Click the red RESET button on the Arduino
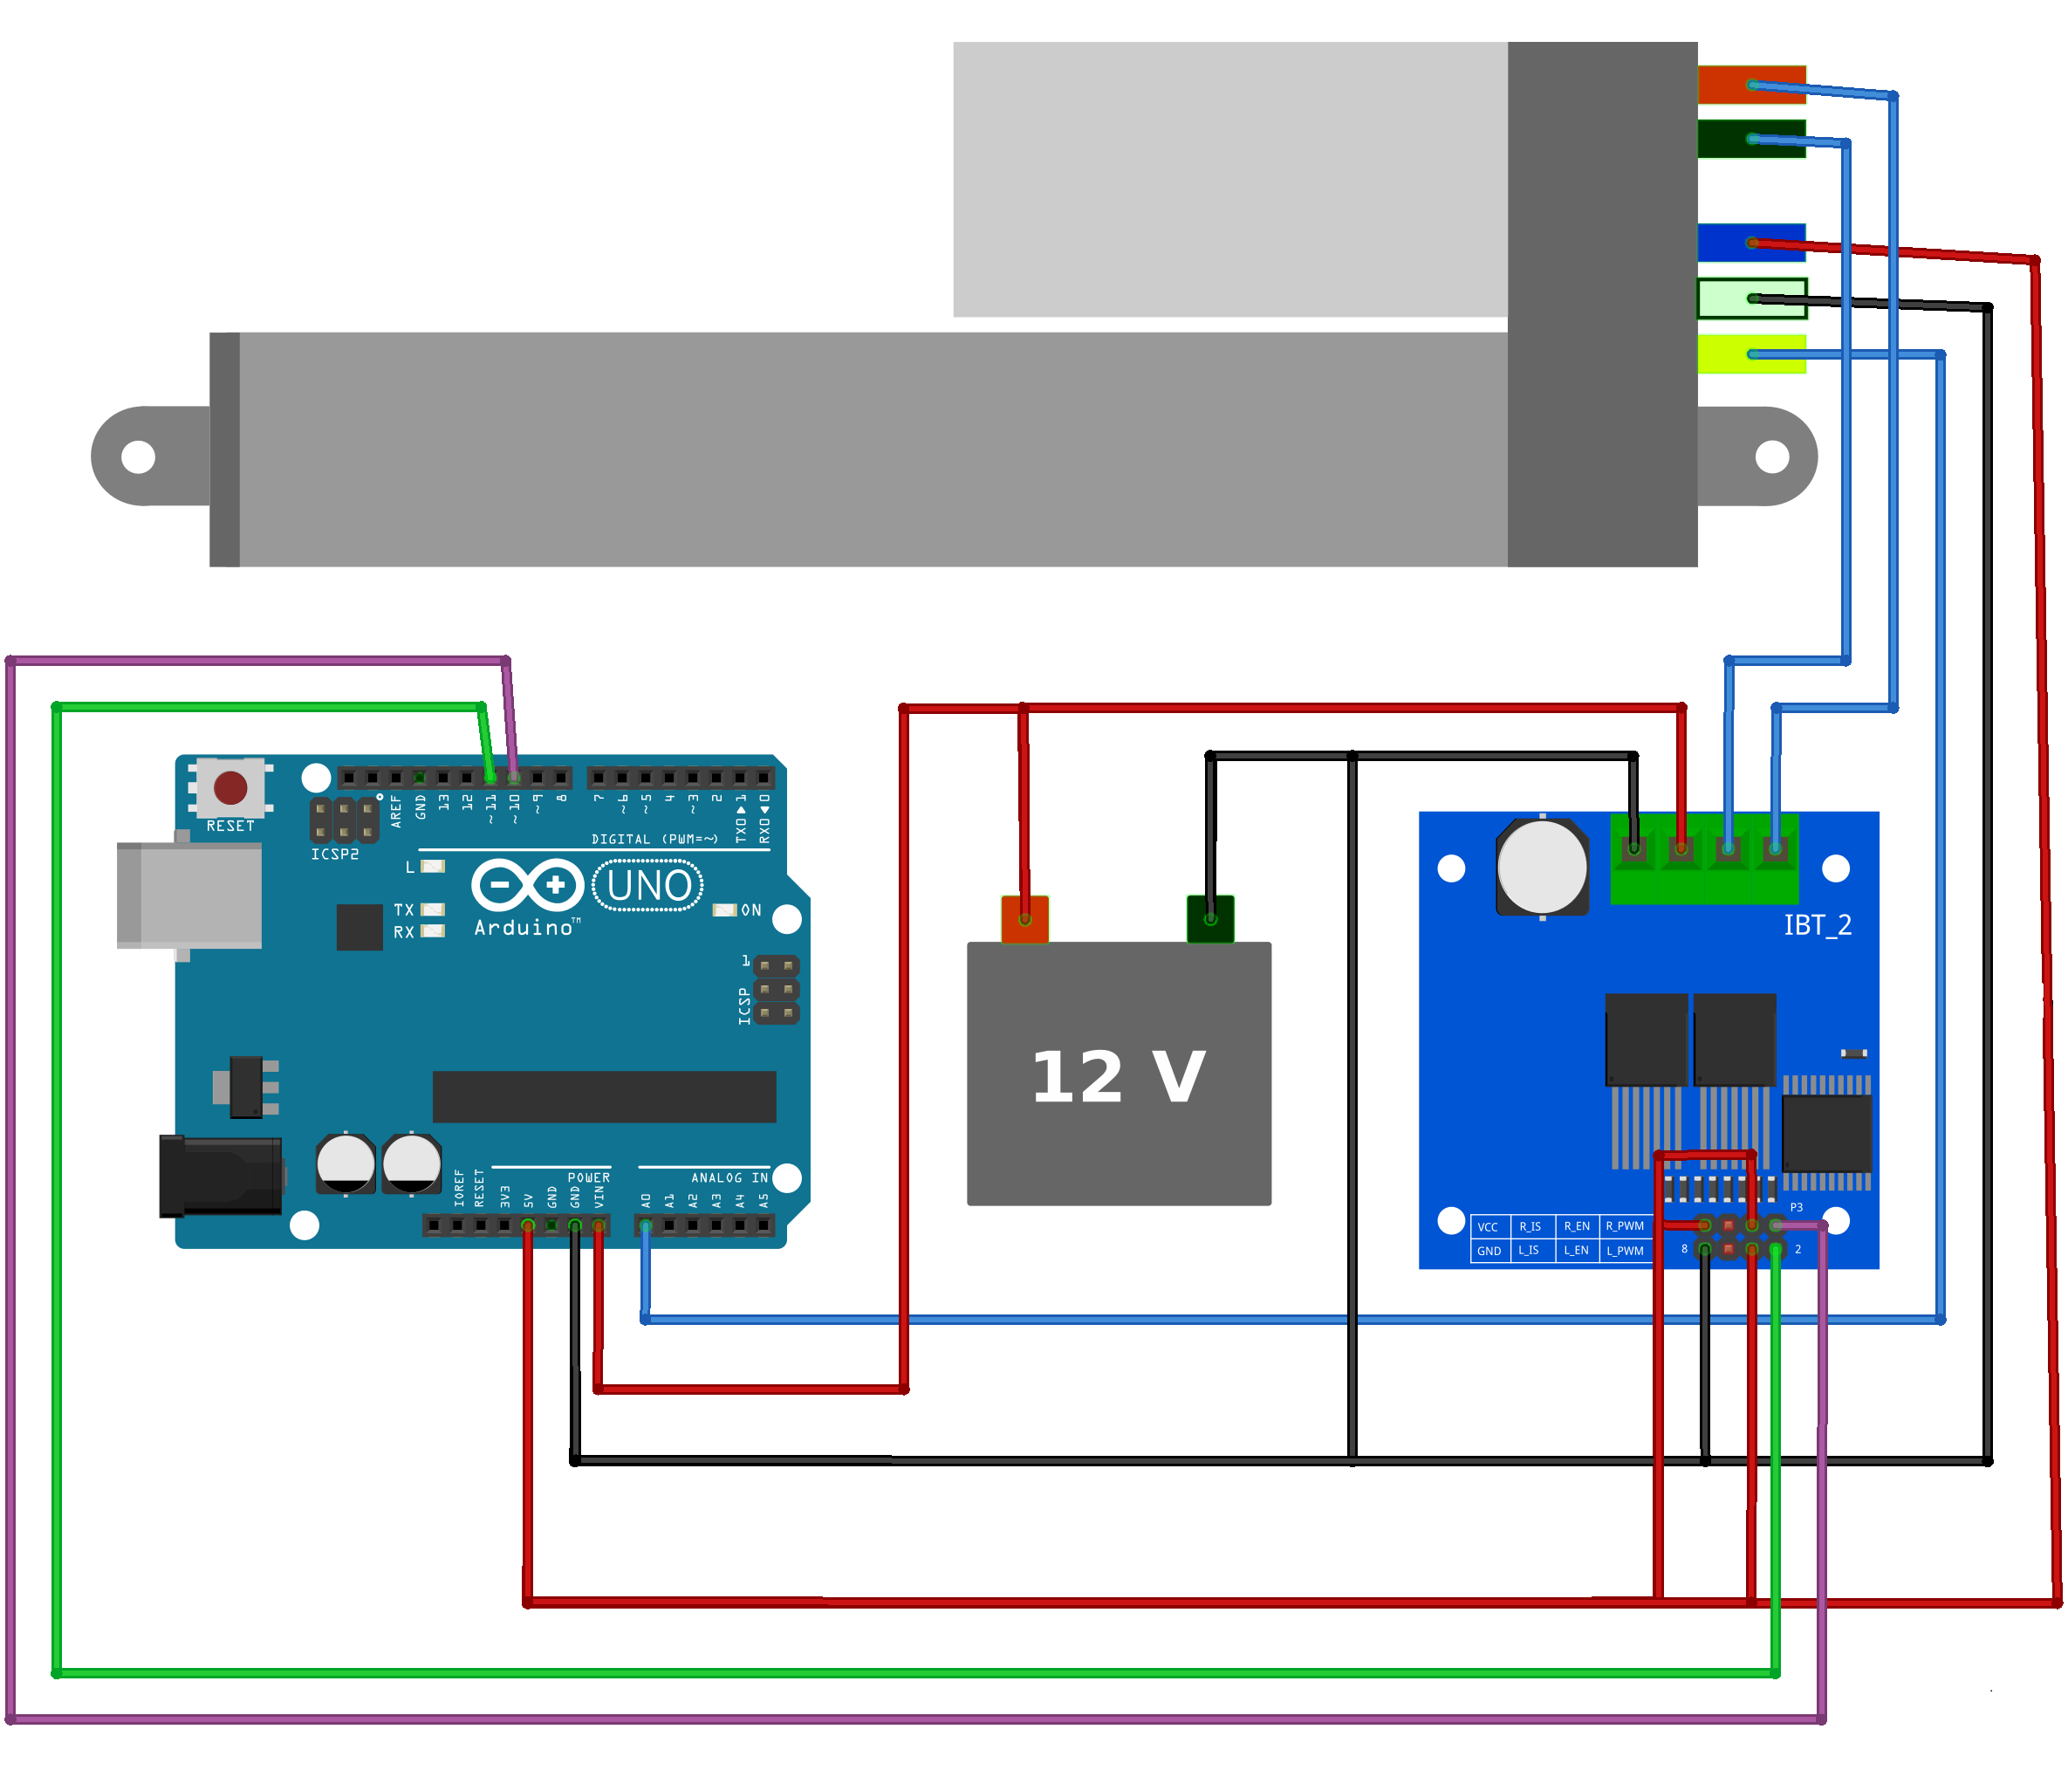click(x=229, y=787)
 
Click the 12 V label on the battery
click(x=1118, y=1076)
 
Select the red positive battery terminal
click(x=1024, y=918)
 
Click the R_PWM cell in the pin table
click(x=1624, y=1225)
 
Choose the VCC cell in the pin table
click(x=1487, y=1226)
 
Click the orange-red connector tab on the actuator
click(x=1750, y=85)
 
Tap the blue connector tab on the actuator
click(x=1750, y=242)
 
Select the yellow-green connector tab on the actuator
click(x=1750, y=353)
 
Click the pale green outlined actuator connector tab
click(x=1750, y=298)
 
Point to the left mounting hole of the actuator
click(x=138, y=456)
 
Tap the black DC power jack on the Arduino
click(x=220, y=1176)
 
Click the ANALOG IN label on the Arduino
click(x=729, y=1177)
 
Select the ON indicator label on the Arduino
click(x=750, y=909)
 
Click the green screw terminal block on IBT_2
click(x=1703, y=860)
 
